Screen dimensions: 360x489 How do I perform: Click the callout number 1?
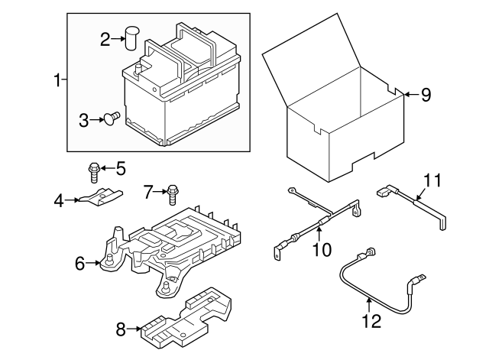pos(57,79)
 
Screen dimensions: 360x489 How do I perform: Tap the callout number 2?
pos(106,37)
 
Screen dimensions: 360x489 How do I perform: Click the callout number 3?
pos(84,119)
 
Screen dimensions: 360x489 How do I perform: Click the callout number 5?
pos(120,167)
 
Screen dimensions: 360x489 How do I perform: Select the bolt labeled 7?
pos(173,193)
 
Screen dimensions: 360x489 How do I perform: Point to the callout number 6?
pos(79,264)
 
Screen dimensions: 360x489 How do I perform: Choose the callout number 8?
pos(120,330)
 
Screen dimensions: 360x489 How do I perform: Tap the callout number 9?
pos(426,95)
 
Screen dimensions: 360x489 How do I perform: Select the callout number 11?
pos(432,181)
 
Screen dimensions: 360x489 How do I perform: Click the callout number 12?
pos(371,322)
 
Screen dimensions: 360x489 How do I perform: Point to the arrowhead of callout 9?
pos(405,94)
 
